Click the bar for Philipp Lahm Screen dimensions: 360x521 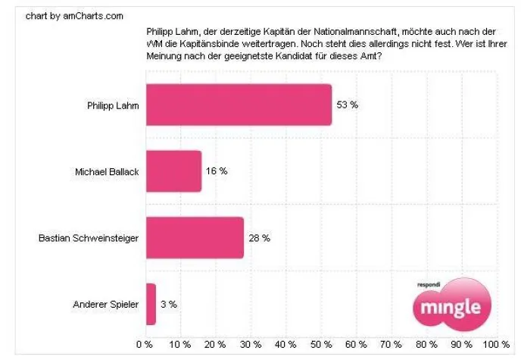238,105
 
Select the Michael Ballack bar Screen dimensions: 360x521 173,171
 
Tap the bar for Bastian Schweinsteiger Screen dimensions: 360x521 194,237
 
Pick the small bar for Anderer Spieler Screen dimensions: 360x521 150,304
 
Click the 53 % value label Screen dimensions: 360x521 348,105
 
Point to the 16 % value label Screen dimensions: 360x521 217,171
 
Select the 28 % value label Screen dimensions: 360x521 259,237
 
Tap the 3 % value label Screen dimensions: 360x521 168,304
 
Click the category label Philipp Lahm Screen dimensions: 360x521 113,105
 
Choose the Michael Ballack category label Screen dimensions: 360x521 106,171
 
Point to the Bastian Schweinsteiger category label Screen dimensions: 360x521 89,237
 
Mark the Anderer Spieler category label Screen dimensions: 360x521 106,304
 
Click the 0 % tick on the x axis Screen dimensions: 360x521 144,345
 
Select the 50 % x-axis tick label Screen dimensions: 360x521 320,345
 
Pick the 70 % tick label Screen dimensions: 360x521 392,345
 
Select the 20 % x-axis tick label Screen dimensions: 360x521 215,345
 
